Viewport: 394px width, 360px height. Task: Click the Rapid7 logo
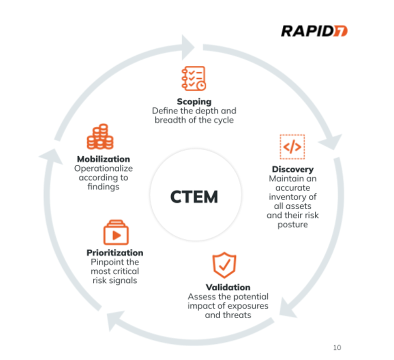click(313, 30)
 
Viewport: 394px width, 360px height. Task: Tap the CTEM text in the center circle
click(194, 196)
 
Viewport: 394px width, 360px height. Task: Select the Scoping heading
click(194, 102)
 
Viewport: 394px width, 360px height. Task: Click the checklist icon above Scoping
click(193, 78)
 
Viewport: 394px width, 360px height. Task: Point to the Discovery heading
click(292, 169)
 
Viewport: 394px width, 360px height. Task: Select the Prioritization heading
click(114, 253)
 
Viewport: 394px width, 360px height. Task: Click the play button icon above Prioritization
click(115, 233)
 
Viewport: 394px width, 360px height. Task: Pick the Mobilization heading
click(103, 159)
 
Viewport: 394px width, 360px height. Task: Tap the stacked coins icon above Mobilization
click(100, 137)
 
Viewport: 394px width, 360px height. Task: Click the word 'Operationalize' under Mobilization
click(103, 168)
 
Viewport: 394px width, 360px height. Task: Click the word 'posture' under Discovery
click(292, 225)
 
